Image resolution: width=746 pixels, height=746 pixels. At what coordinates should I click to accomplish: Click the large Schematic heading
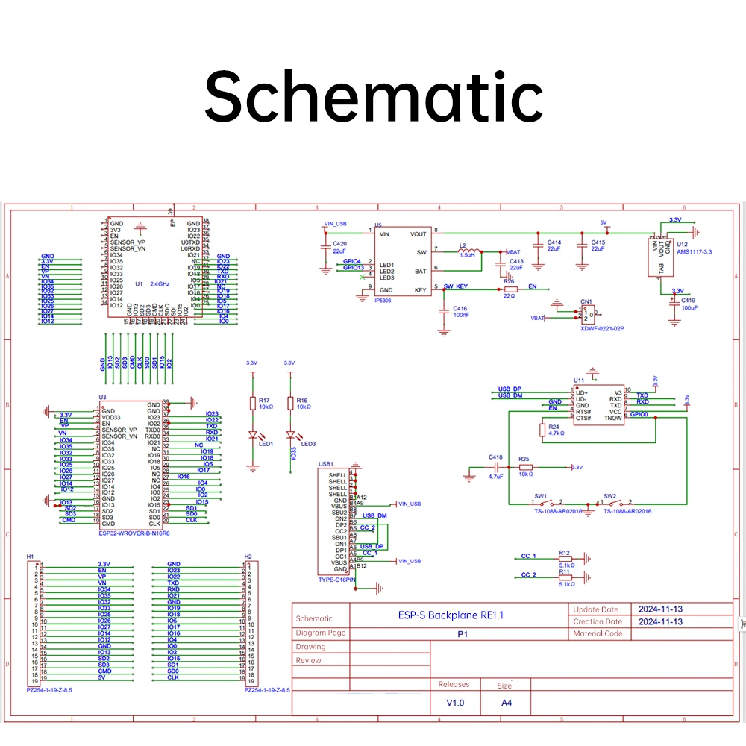pos(373,98)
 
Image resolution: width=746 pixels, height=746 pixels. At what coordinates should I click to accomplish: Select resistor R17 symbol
pos(253,404)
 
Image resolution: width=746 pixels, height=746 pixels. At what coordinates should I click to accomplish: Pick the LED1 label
pos(266,444)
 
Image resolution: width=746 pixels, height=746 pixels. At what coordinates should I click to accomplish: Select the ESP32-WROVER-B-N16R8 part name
pos(134,533)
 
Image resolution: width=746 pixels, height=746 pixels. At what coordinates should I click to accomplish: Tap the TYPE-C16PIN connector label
pos(336,580)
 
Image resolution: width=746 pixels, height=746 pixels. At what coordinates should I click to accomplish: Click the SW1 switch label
pos(540,495)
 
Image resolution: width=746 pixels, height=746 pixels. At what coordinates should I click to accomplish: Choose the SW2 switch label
pos(609,495)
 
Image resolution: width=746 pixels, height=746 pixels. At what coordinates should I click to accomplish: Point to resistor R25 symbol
pos(525,467)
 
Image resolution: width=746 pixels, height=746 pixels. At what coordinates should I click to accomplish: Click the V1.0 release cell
pos(455,703)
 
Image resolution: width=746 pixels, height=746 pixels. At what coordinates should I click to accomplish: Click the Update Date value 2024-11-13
pos(661,609)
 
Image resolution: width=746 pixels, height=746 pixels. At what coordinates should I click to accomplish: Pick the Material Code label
pos(598,634)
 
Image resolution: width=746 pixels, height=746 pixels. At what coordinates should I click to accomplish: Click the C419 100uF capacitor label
pos(688,304)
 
